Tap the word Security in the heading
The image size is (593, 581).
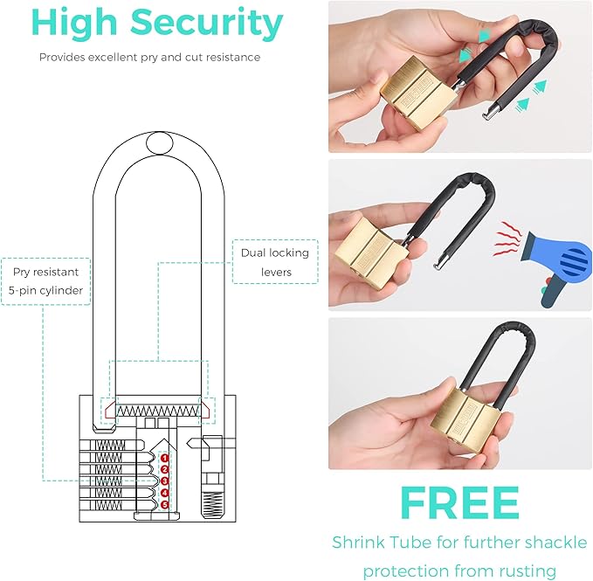pyautogui.click(x=210, y=24)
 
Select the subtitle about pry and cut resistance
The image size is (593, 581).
pyautogui.click(x=149, y=58)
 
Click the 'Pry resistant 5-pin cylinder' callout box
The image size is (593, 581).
pyautogui.click(x=45, y=280)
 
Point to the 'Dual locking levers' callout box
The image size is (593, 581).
pyautogui.click(x=274, y=261)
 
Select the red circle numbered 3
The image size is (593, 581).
pyautogui.click(x=164, y=481)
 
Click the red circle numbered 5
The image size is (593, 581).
pyautogui.click(x=164, y=503)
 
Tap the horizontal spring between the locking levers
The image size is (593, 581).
pyautogui.click(x=159, y=410)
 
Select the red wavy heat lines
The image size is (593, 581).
pyautogui.click(x=507, y=238)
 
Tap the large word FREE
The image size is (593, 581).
pyautogui.click(x=459, y=502)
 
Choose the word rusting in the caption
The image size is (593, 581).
pyautogui.click(x=524, y=571)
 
